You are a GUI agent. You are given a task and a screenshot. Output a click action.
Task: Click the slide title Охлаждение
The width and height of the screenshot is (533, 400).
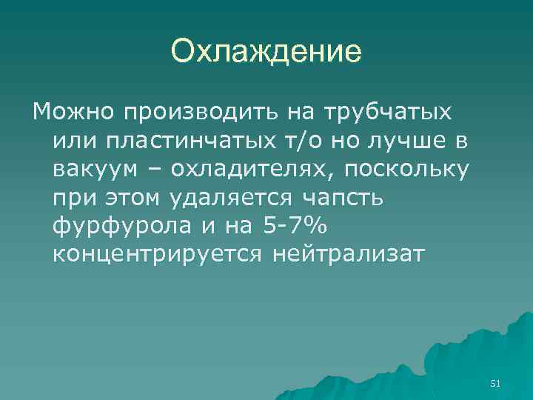click(266, 53)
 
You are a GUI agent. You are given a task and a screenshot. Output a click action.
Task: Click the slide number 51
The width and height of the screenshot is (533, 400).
click(496, 383)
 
